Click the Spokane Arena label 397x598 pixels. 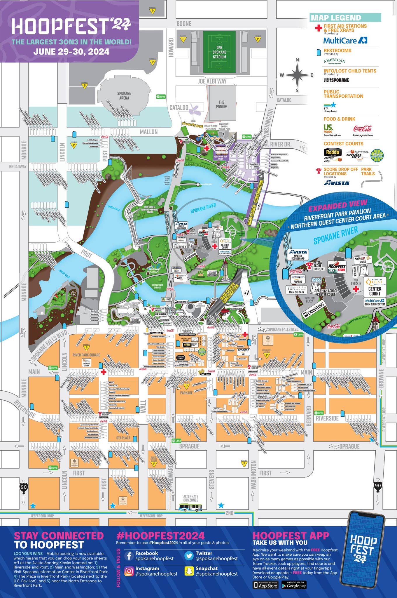pyautogui.click(x=124, y=95)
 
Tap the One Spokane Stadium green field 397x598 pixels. pyautogui.click(x=219, y=52)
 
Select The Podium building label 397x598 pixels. pyautogui.click(x=221, y=104)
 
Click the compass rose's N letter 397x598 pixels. pyautogui.click(x=297, y=60)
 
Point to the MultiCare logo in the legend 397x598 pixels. pyautogui.click(x=345, y=40)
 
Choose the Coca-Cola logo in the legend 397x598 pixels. pyautogui.click(x=362, y=129)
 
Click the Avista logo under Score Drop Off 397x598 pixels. pyautogui.click(x=336, y=183)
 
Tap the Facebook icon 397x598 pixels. pyautogui.click(x=129, y=556)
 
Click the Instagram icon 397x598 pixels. pyautogui.click(x=129, y=571)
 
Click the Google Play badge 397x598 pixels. pyautogui.click(x=294, y=585)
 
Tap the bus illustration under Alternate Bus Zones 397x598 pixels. pyautogui.click(x=190, y=507)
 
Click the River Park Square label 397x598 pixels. pyautogui.click(x=86, y=355)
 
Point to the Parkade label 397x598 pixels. pyautogui.click(x=186, y=393)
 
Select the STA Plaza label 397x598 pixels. pyautogui.click(x=123, y=438)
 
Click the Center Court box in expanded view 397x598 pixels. pyautogui.click(x=375, y=291)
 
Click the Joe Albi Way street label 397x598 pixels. pyautogui.click(x=212, y=81)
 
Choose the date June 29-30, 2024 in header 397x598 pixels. pyautogui.click(x=71, y=52)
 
